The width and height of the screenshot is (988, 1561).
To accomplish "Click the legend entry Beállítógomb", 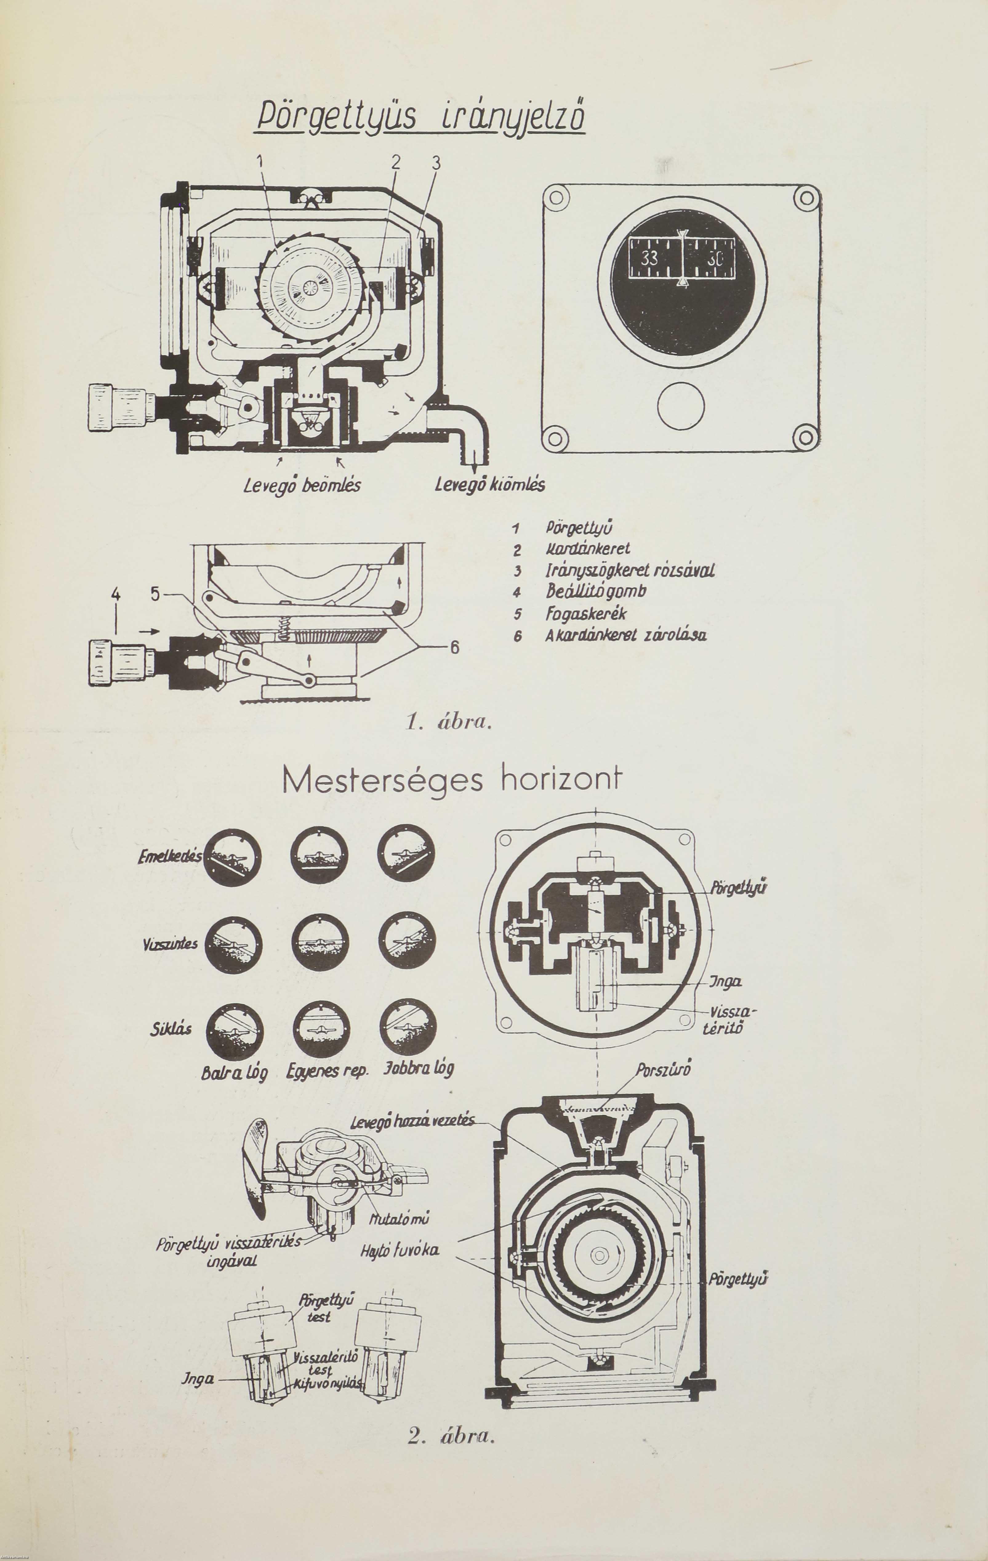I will [596, 591].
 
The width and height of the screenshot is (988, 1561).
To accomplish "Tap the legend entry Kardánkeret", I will [588, 550].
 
